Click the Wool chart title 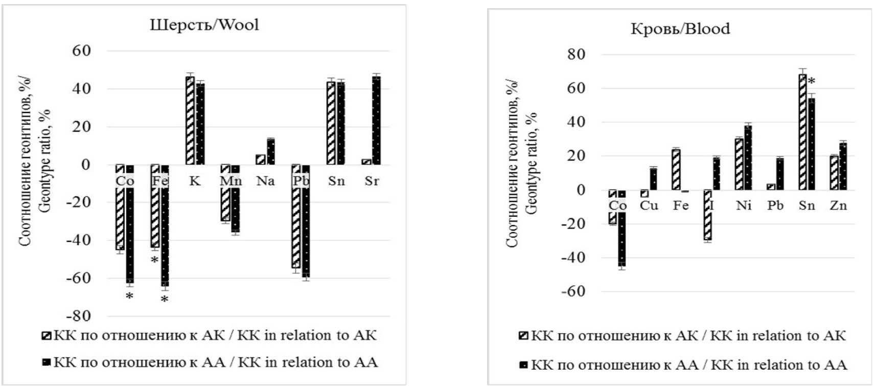pos(204,25)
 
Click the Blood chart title pos(680,28)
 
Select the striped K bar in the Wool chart pos(190,121)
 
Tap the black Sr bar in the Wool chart pos(377,121)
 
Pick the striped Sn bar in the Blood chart pos(802,132)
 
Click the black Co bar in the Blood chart pos(622,228)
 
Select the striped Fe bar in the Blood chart pos(676,170)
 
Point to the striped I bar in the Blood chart pos(707,215)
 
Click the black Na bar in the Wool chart pos(271,152)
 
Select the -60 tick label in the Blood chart pos(573,291)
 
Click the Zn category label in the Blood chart pos(838,206)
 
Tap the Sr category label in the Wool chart pos(372,181)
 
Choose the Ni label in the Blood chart pos(744,206)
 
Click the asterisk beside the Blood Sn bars pos(812,81)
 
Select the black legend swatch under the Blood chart pos(523,365)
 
